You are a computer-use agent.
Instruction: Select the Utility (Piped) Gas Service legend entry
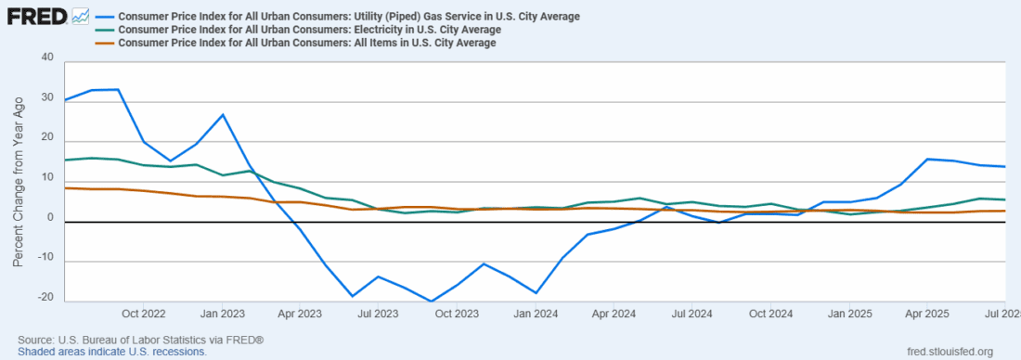click(350, 17)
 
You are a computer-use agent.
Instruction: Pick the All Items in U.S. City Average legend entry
click(307, 43)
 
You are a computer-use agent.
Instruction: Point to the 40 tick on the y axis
click(46, 58)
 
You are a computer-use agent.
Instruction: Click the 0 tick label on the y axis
click(50, 220)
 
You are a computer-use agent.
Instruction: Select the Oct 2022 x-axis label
click(144, 314)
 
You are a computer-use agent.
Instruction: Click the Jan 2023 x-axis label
click(223, 314)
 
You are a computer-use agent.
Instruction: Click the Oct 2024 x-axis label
click(770, 314)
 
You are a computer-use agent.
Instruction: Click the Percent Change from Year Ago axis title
click(18, 181)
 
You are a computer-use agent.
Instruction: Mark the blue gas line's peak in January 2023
click(223, 114)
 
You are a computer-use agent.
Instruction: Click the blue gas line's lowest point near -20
click(432, 302)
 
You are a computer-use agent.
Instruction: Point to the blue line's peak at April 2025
click(927, 159)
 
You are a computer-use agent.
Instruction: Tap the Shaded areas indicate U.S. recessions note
click(111, 353)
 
